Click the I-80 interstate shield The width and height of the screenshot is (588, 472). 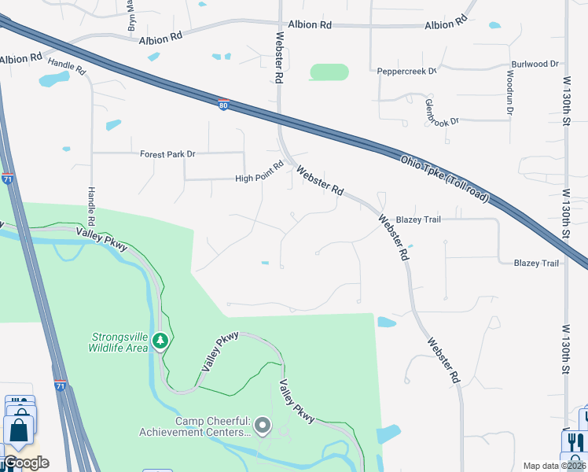[x=224, y=105]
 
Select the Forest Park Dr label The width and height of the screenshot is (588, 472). [x=167, y=154]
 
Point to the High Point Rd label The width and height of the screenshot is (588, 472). [x=259, y=179]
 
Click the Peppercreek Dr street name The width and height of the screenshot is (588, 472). [x=408, y=71]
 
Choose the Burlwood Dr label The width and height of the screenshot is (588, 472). [x=535, y=64]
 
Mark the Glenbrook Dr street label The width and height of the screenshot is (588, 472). [x=440, y=111]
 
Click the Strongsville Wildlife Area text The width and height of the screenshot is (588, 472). [x=118, y=342]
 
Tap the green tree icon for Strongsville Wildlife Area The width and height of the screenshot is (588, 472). [x=161, y=341]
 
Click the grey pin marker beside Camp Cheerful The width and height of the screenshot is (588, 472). [x=263, y=426]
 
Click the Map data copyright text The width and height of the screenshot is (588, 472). [x=555, y=466]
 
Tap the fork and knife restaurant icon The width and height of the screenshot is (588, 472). [x=575, y=442]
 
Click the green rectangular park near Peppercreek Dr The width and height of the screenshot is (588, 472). [x=329, y=72]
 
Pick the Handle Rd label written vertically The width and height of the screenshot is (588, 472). [x=92, y=203]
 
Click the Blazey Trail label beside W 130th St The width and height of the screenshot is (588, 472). [x=537, y=263]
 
